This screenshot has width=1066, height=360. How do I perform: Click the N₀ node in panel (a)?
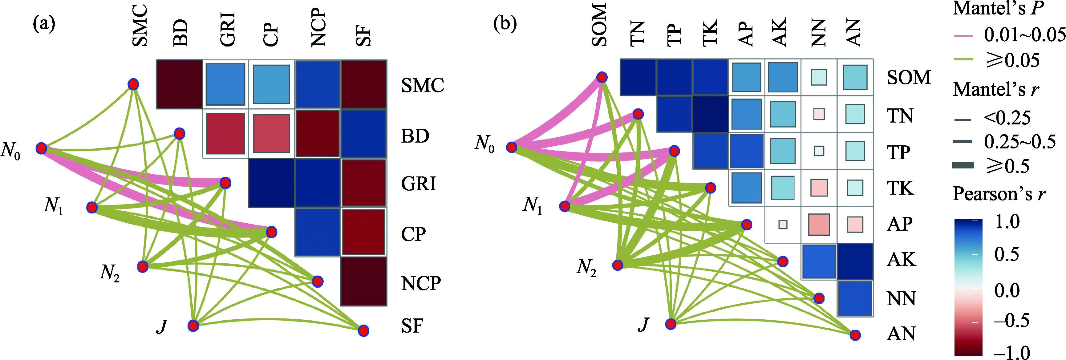[x=41, y=148]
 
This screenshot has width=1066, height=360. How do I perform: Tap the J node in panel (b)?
[x=671, y=324]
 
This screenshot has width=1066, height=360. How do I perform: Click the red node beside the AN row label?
[x=855, y=335]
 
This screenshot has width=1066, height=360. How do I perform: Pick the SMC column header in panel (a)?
[x=140, y=25]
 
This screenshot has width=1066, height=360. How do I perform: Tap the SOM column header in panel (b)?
[x=599, y=25]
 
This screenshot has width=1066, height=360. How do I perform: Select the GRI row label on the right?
[x=418, y=184]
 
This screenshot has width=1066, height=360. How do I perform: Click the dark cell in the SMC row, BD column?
[x=179, y=84]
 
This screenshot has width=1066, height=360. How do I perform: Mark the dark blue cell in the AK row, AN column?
[x=855, y=261]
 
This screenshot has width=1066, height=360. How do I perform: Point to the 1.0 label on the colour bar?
[x=1007, y=222]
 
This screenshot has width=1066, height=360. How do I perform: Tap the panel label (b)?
[x=505, y=24]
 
